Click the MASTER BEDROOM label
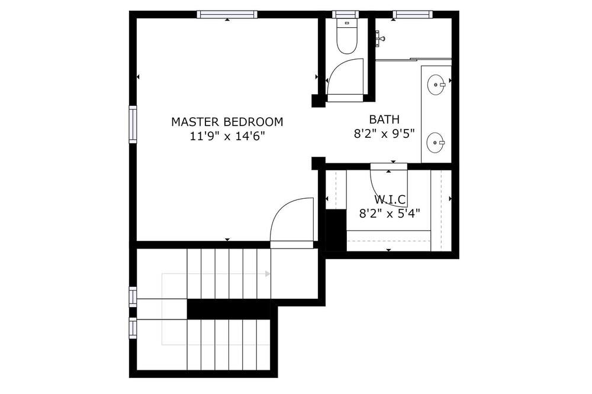(227, 122)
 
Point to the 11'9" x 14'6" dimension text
(227, 136)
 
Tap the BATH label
(384, 120)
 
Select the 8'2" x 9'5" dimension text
(384, 134)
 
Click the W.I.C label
(390, 199)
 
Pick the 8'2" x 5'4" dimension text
(390, 214)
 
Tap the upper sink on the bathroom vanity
(436, 84)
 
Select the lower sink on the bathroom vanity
(436, 142)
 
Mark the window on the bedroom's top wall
(227, 14)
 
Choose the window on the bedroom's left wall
(133, 125)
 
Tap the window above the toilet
(346, 14)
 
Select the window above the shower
(412, 14)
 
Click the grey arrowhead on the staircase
(268, 273)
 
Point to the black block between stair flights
(229, 309)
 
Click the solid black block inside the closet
(336, 230)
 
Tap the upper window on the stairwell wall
(133, 296)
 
